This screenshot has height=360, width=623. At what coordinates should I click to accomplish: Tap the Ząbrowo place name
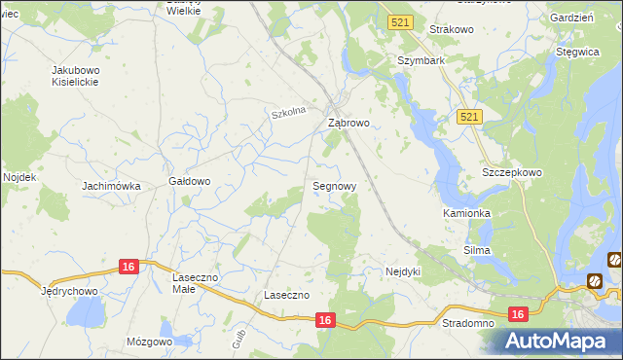[348, 124]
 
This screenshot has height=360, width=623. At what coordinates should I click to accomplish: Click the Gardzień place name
[571, 18]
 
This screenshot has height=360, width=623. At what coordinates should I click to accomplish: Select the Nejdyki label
[403, 271]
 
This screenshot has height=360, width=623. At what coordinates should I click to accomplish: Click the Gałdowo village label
[190, 181]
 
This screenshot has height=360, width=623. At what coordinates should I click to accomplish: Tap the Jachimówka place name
[112, 186]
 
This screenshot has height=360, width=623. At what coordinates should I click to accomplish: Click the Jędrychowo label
[68, 291]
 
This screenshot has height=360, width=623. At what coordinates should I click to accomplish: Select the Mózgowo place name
[149, 342]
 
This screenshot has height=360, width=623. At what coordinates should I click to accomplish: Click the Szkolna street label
[289, 113]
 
